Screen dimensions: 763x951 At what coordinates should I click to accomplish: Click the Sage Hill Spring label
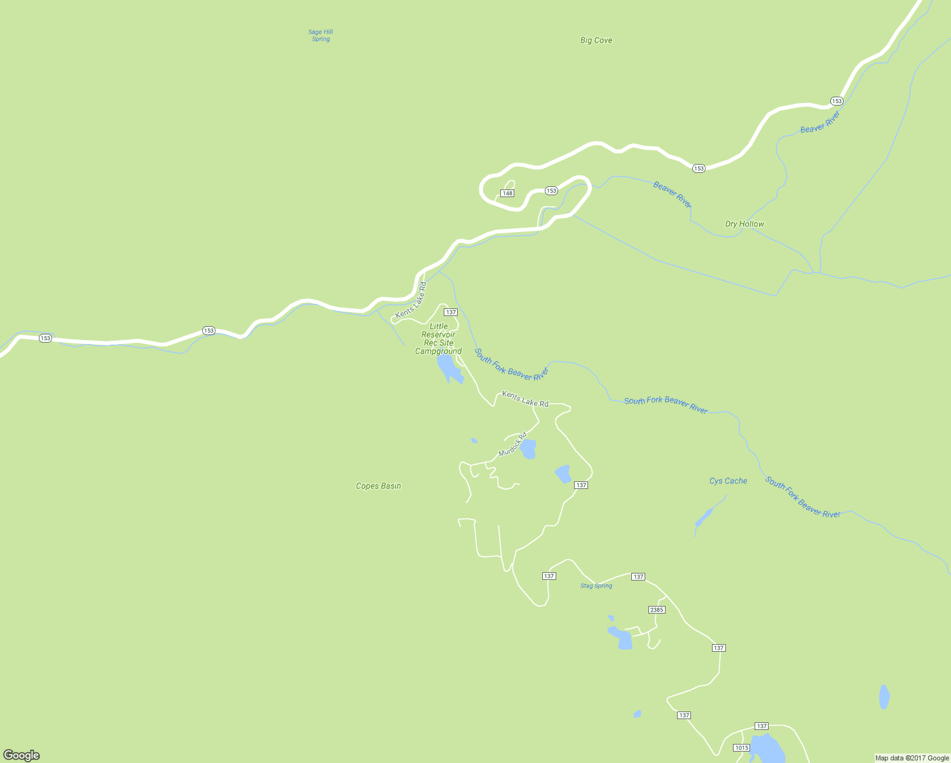[x=321, y=36]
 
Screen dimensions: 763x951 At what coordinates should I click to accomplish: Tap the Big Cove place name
[x=596, y=40]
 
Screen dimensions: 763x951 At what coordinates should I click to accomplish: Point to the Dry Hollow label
[x=744, y=224]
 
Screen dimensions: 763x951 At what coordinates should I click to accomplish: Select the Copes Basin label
[x=378, y=486]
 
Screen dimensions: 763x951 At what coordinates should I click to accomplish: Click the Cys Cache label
[x=728, y=481]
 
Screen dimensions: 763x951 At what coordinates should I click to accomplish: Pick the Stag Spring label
[x=596, y=586]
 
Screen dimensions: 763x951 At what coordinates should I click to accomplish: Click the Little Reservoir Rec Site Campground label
[x=439, y=339]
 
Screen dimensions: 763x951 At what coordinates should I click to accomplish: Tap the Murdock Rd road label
[x=513, y=444]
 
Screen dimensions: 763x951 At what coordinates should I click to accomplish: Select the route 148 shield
[x=507, y=193]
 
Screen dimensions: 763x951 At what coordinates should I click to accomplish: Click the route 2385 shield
[x=657, y=610]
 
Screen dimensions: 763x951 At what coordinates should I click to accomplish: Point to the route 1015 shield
[x=741, y=748]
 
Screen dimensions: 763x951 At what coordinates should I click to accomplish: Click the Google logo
[x=21, y=755]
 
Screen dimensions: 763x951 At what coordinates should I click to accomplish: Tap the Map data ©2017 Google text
[x=912, y=758]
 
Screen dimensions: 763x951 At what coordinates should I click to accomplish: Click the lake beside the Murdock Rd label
[x=528, y=449]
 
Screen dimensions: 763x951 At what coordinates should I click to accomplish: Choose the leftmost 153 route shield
[x=45, y=338]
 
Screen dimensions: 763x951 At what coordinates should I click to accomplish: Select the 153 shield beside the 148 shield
[x=551, y=191]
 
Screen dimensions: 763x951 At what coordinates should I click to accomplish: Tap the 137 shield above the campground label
[x=451, y=312]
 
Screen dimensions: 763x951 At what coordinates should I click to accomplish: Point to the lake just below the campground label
[x=448, y=368]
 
